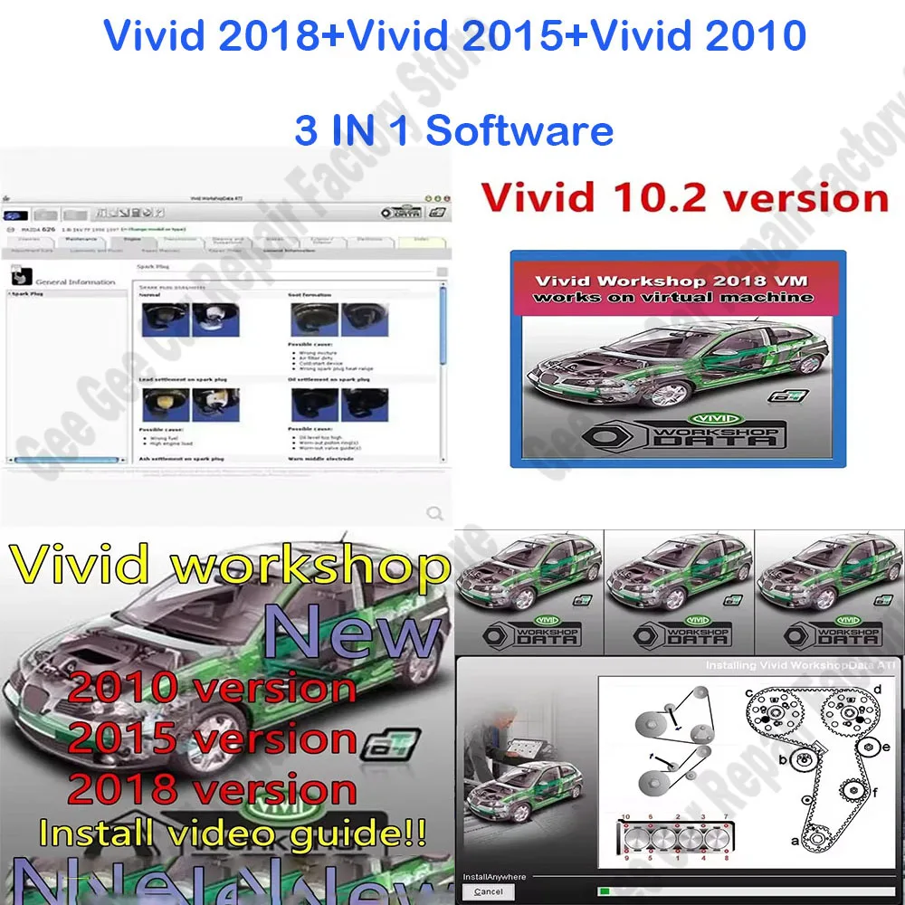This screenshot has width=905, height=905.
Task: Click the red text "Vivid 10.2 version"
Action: pyautogui.click(x=685, y=198)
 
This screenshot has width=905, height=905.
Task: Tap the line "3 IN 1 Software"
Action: pyautogui.click(x=453, y=129)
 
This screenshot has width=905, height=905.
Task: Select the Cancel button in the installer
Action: pyautogui.click(x=489, y=891)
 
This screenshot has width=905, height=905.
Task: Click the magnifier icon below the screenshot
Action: pyautogui.click(x=435, y=514)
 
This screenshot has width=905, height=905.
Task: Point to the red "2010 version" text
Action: pyautogui.click(x=212, y=689)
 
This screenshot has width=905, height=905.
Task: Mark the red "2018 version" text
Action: pyautogui.click(x=212, y=789)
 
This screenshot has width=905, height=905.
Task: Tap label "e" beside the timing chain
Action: pyautogui.click(x=886, y=748)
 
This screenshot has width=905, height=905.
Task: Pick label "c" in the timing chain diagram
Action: pyautogui.click(x=750, y=694)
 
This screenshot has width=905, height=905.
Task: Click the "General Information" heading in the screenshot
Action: pyautogui.click(x=75, y=282)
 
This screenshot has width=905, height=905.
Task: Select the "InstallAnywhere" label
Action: pyautogui.click(x=494, y=877)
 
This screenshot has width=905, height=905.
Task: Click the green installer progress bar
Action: pyautogui.click(x=605, y=891)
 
